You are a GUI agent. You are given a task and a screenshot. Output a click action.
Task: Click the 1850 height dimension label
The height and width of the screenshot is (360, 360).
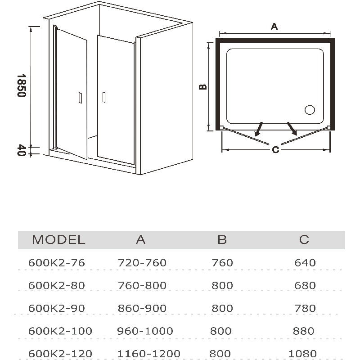(x=21, y=85)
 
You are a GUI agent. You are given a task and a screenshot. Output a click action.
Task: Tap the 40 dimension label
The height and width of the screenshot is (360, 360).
(x=21, y=150)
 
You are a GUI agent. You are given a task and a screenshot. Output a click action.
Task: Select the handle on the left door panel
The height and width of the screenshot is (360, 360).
(x=80, y=98)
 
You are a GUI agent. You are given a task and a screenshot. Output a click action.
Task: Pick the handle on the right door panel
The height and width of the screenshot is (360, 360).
(x=104, y=97)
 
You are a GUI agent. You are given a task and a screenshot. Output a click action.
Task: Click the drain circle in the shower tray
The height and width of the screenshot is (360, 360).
(x=310, y=110)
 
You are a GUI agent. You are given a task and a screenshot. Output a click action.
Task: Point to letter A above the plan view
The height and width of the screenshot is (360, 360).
(x=274, y=27)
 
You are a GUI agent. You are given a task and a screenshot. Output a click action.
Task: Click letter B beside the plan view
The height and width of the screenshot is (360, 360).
(x=203, y=87)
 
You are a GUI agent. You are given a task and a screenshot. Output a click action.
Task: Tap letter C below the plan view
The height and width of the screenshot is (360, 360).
(x=275, y=150)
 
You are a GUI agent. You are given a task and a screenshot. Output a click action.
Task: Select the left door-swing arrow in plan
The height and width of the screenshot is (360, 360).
(x=259, y=130)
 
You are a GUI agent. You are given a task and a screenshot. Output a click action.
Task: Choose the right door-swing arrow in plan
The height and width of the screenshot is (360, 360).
(x=292, y=129)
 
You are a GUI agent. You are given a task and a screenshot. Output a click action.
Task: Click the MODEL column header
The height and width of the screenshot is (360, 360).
(x=58, y=240)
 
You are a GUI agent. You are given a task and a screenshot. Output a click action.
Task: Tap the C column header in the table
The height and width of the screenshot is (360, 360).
(x=304, y=240)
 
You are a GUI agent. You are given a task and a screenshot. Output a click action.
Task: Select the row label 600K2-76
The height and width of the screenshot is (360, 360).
(x=57, y=263)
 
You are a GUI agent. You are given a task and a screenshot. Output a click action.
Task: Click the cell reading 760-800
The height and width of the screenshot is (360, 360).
(x=142, y=285)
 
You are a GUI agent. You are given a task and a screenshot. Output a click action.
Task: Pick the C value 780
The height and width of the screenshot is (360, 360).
(x=305, y=308)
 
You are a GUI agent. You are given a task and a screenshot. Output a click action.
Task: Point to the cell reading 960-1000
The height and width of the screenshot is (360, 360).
(x=145, y=331)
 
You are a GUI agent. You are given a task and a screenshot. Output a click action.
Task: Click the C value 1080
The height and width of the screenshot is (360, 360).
(x=302, y=354)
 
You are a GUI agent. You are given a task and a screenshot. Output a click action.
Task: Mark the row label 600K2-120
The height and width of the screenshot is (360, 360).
(x=60, y=354)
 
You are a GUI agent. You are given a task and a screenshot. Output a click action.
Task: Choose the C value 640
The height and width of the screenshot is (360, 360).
(x=305, y=263)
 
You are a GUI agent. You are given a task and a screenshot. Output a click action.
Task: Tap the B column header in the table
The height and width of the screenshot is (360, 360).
(x=222, y=240)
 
